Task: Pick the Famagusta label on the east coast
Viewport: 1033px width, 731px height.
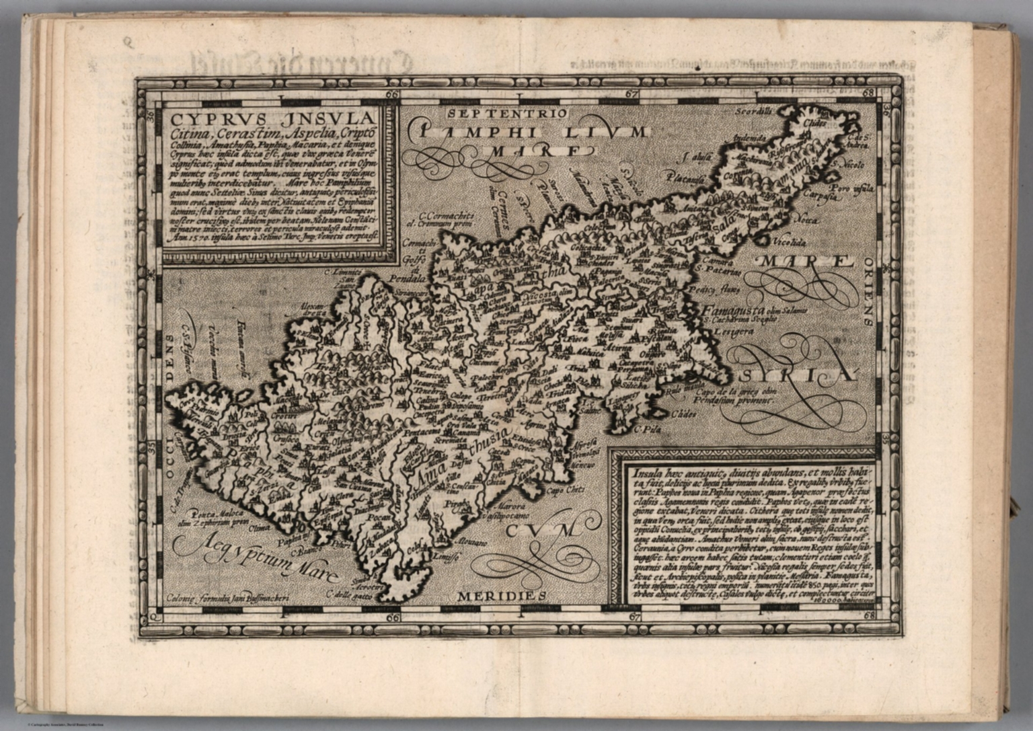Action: (x=733, y=311)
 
